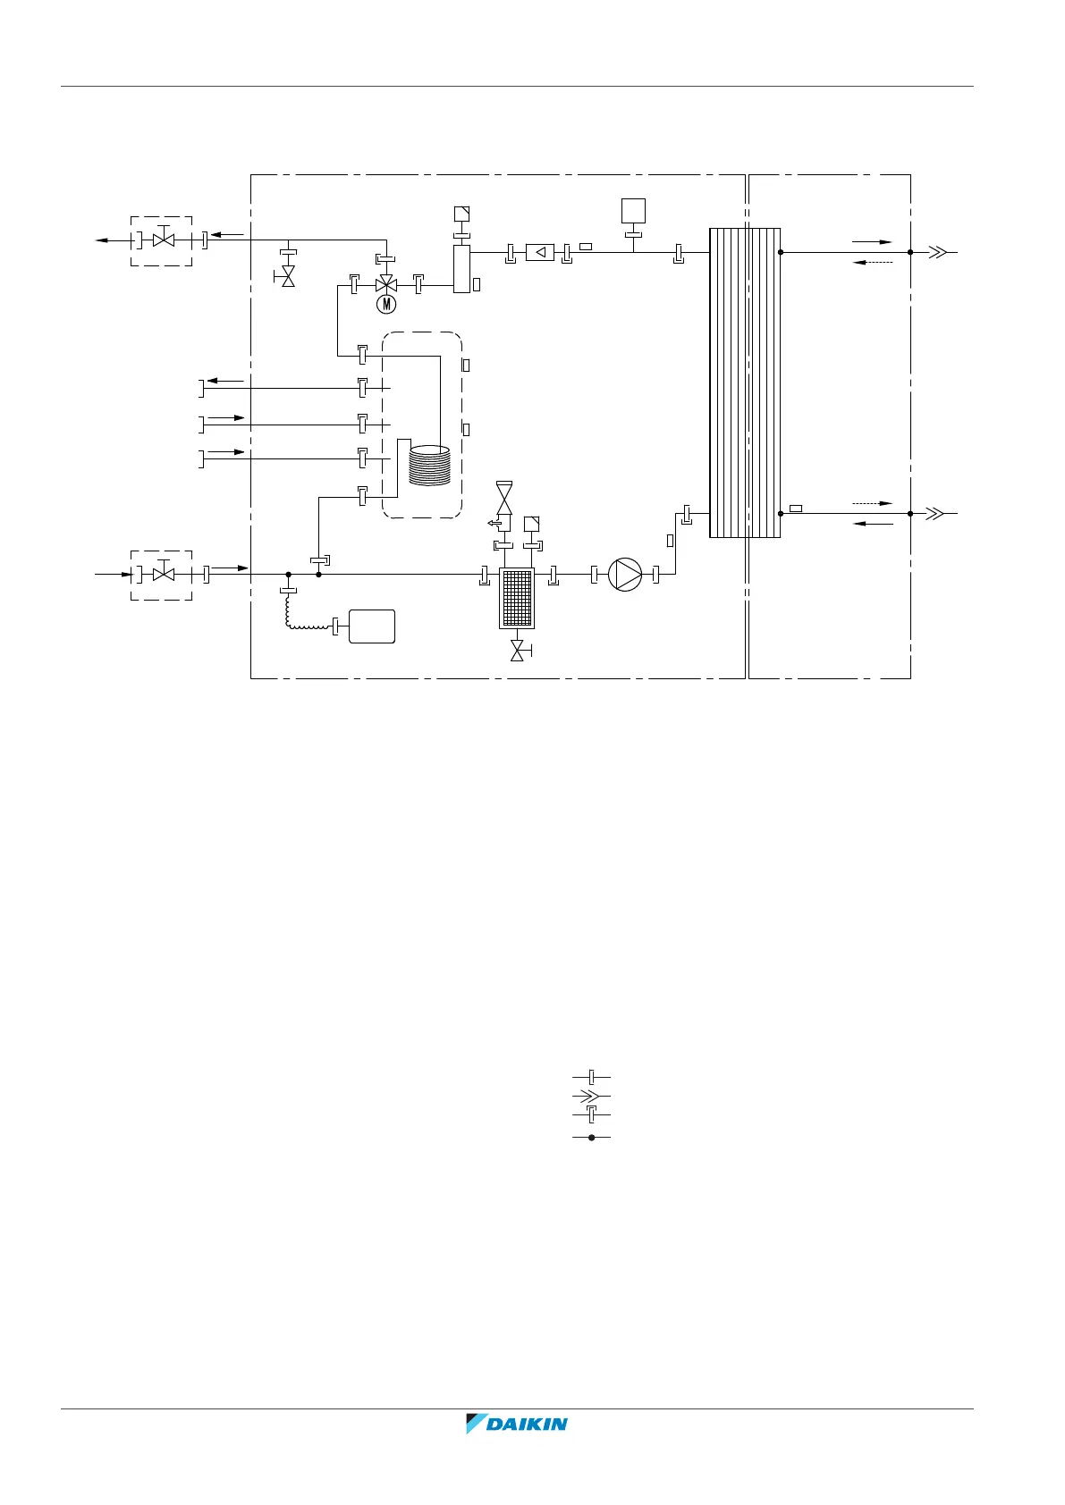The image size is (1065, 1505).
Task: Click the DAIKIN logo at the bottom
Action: tap(516, 1423)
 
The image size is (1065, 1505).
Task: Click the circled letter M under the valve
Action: tap(386, 305)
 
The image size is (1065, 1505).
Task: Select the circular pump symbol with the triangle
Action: tap(625, 575)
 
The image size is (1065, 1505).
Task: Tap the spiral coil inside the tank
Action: tap(429, 465)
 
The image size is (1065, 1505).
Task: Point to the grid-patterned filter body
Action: tap(517, 599)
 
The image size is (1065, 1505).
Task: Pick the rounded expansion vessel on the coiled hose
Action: tap(372, 626)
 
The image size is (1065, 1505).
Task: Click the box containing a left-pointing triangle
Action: tap(540, 253)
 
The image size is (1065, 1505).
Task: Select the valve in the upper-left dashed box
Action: tap(164, 239)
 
